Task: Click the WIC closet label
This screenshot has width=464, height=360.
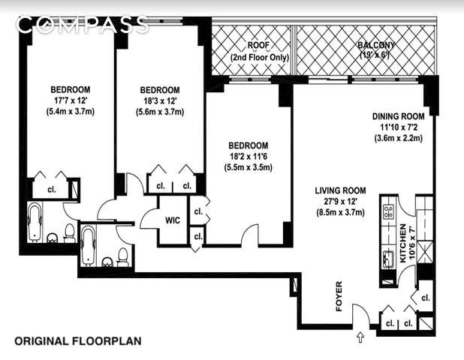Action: tap(173, 220)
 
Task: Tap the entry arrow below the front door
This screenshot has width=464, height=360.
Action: tap(360, 337)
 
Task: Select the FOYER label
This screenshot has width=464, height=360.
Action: tap(339, 295)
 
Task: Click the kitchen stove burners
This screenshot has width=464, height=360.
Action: tap(388, 211)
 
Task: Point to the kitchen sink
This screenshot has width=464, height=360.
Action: tap(388, 259)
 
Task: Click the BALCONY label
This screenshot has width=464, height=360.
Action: tap(376, 45)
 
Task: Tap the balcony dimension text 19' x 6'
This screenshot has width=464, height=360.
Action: tap(374, 55)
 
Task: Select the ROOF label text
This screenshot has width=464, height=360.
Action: tap(258, 45)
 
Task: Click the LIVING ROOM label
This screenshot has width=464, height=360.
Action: tap(340, 190)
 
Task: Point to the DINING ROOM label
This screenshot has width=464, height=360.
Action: tap(399, 116)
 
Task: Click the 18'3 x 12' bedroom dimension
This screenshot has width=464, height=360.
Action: tap(160, 100)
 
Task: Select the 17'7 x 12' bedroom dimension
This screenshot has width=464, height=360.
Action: tap(71, 100)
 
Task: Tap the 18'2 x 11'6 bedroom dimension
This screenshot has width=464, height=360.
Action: tap(249, 156)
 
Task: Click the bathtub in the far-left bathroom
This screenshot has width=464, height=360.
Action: tap(35, 221)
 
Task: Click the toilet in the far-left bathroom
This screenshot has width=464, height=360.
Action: tap(70, 233)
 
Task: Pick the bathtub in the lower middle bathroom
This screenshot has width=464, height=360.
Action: tap(88, 245)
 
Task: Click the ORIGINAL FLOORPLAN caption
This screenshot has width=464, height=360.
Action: tap(78, 341)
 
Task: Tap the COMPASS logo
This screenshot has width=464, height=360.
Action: tap(83, 24)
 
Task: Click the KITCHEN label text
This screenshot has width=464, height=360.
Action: tap(403, 243)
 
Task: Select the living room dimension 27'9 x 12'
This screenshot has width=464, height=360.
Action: tap(340, 202)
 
